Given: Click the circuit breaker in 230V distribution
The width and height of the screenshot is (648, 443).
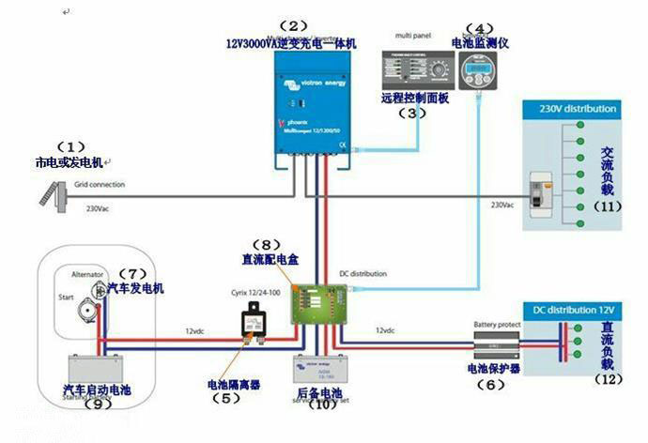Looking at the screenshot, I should [541, 191].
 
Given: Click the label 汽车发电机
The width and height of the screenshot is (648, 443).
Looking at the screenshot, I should [135, 288].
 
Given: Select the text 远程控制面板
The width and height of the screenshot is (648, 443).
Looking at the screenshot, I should [413, 97].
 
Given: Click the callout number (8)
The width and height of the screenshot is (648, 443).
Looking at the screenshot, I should [268, 241].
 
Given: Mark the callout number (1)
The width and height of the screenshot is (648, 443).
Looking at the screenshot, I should [71, 147].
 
